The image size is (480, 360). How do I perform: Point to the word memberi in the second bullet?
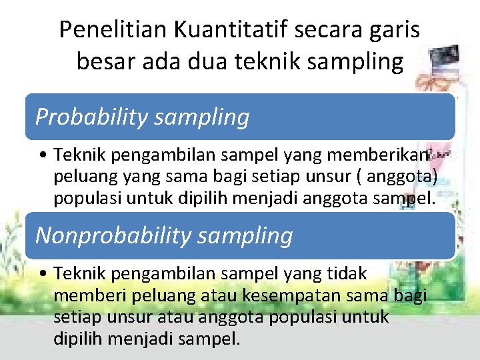click(84, 295)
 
